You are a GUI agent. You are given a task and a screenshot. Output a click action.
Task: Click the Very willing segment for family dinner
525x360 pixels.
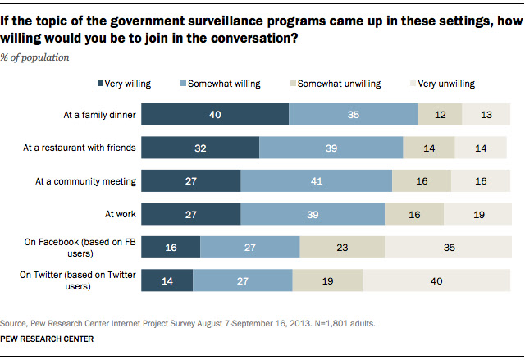click(216, 115)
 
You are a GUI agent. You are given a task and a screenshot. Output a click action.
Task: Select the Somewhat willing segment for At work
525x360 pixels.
click(313, 214)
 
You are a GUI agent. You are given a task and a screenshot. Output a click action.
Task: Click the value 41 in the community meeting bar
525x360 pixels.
click(316, 181)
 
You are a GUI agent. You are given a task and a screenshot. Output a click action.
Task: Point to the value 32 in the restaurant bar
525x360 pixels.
click(201, 148)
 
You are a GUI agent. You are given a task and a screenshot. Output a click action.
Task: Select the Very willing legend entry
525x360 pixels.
click(126, 84)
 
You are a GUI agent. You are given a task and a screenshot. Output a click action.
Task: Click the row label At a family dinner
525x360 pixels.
click(100, 116)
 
